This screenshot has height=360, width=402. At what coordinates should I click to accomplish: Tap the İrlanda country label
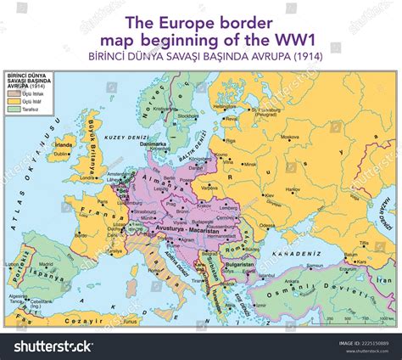63,145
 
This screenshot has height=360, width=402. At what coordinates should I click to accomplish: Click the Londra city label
87,178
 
